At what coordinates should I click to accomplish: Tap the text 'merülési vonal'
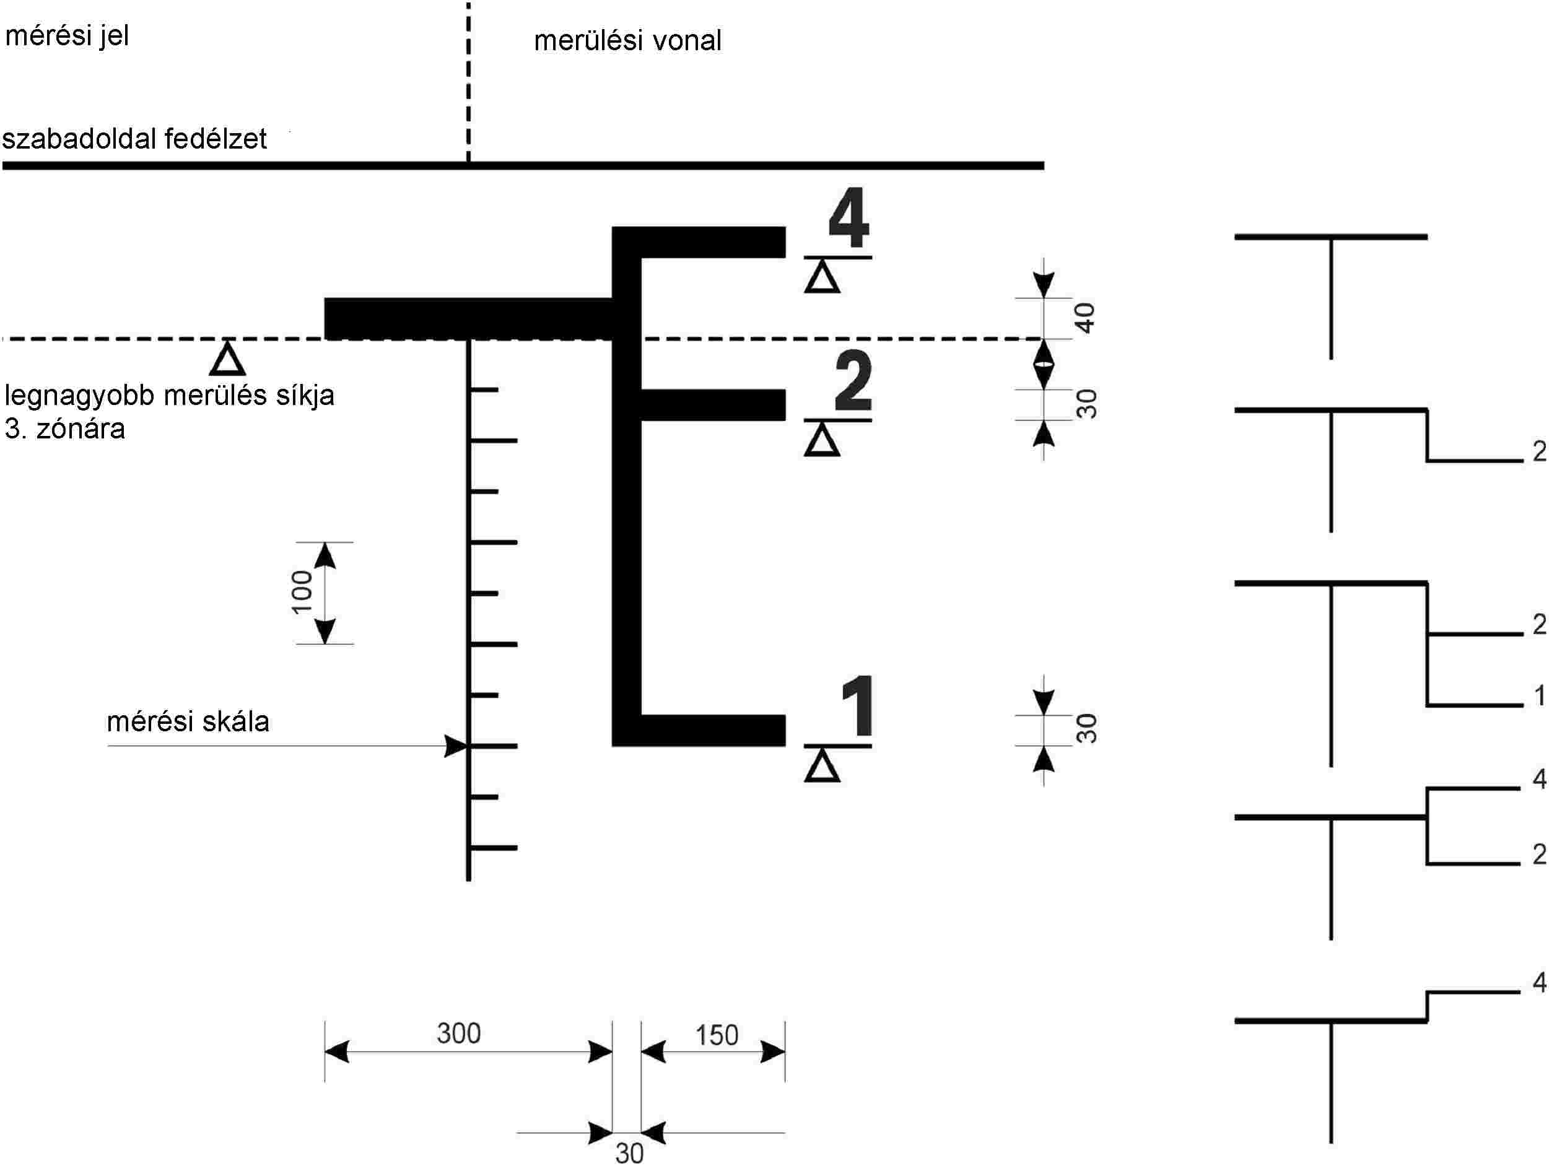point(627,41)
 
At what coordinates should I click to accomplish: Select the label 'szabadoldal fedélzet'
point(134,139)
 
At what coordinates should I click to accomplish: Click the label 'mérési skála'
point(188,721)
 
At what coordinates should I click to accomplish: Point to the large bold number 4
point(849,219)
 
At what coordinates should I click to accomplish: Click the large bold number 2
point(853,381)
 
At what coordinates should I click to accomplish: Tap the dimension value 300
point(459,1033)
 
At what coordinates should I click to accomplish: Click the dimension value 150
point(717,1035)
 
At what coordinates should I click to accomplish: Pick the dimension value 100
point(302,592)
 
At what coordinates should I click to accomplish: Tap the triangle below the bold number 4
point(821,278)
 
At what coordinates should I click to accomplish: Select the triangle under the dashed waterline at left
point(227,360)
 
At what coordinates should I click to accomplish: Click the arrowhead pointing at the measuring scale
point(456,746)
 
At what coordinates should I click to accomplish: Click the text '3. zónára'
point(65,429)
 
